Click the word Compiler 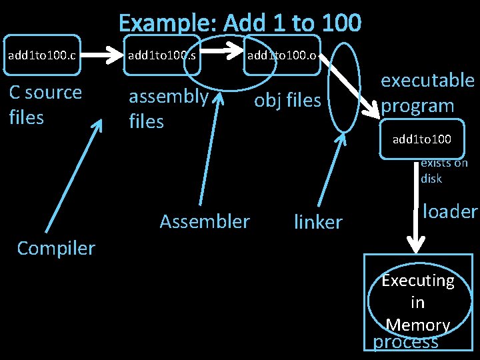[x=56, y=248]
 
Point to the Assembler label [x=205, y=221]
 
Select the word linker [x=319, y=221]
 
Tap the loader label [x=450, y=211]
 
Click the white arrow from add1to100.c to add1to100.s [x=101, y=55]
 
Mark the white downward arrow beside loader [x=416, y=207]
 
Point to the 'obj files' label [x=287, y=101]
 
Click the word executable [x=427, y=80]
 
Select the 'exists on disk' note [x=444, y=171]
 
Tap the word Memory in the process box [x=418, y=325]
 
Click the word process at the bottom [x=405, y=341]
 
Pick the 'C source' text [x=45, y=93]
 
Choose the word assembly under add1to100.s [x=169, y=97]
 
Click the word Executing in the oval [x=418, y=281]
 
